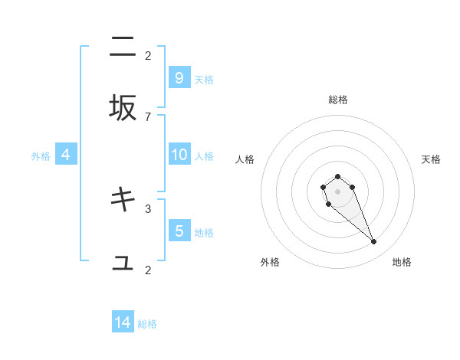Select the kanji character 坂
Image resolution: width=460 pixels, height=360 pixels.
pos(123,108)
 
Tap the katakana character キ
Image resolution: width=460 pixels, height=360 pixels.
pos(123,199)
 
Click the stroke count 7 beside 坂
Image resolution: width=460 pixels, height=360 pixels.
pos(148,116)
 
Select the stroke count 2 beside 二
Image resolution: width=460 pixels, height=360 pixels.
pos(148,55)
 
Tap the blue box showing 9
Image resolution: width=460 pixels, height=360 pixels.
pos(179,77)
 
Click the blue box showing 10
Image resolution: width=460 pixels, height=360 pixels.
pos(179,155)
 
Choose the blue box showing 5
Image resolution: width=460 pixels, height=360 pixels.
pos(179,231)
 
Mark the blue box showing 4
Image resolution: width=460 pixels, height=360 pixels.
pos(65,155)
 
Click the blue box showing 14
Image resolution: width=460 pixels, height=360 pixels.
pos(123,322)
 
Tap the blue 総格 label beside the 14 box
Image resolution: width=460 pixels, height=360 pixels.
pos(147,324)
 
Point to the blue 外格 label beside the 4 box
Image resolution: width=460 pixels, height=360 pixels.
pos(41,156)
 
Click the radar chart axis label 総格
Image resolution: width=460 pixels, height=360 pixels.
pos(338,100)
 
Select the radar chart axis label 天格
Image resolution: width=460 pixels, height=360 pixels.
pos(431,159)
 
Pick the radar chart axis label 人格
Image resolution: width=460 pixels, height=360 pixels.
pos(245,159)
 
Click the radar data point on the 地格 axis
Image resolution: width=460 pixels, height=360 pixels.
pos(374,242)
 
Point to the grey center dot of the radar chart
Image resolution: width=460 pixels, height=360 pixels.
pos(337,191)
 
